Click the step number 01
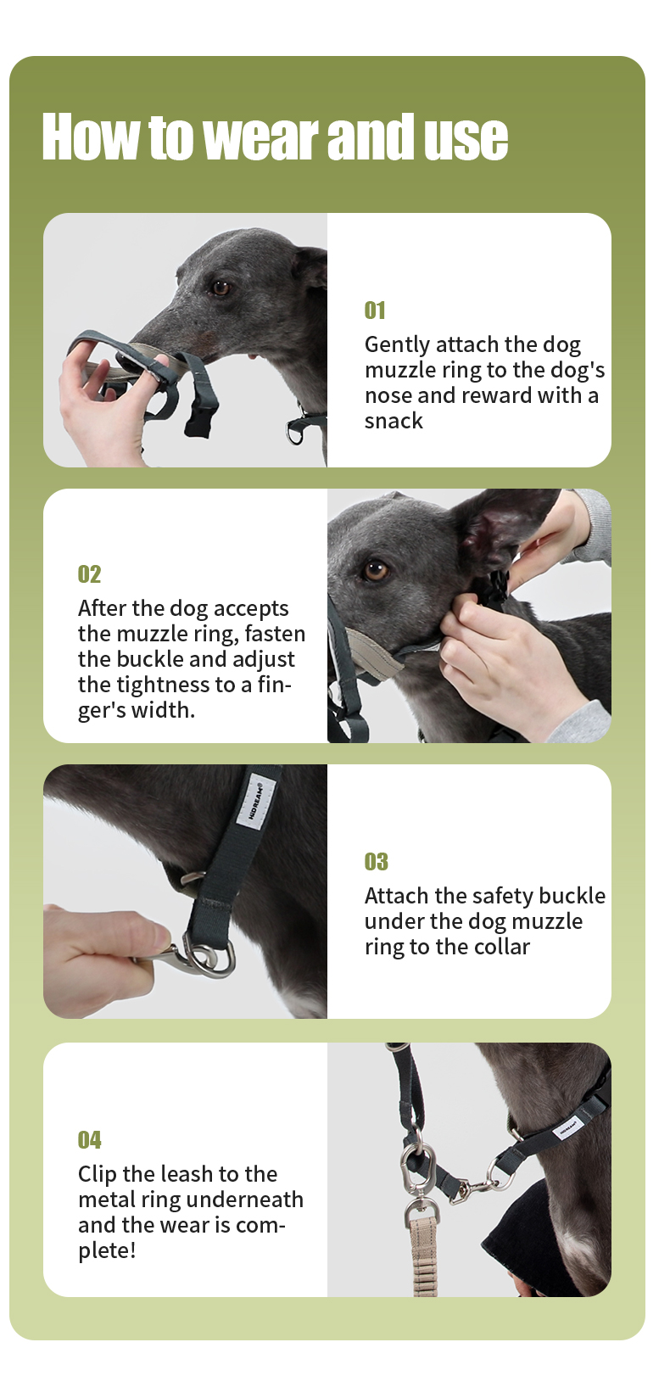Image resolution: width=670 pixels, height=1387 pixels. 375,310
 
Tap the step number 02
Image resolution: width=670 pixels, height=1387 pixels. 89,574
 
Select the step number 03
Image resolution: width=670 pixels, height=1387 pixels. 376,861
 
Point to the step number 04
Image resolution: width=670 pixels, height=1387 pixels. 90,1139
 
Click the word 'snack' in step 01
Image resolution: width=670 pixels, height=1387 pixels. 394,421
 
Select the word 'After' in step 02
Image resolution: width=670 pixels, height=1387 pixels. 98,608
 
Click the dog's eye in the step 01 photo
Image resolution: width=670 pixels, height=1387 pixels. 220,288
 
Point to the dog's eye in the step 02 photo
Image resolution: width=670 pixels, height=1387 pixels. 375,570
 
